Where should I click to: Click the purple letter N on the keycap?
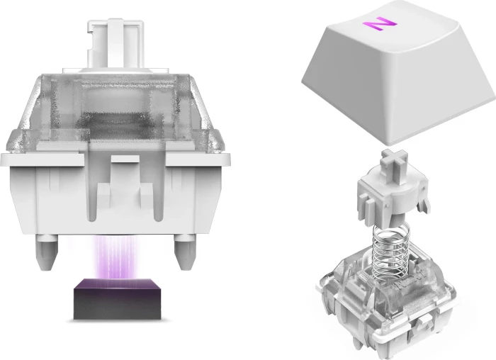379,23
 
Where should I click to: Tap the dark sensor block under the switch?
118,299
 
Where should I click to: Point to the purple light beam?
116,257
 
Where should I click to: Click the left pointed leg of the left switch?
47,252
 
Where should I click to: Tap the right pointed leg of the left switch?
184,252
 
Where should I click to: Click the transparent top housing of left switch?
115,114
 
